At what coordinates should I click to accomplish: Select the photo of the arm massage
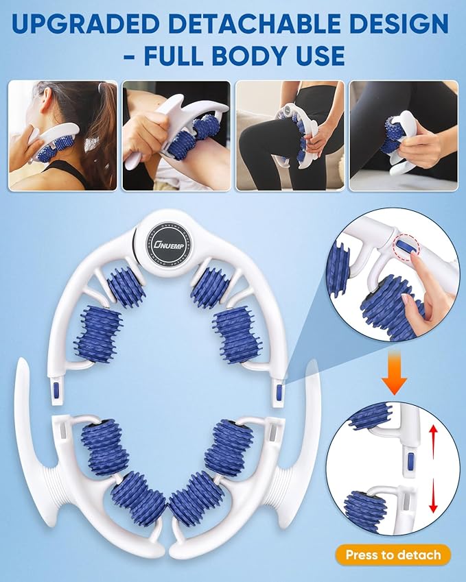pyautogui.click(x=175, y=136)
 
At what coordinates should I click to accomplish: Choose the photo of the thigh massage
pyautogui.click(x=289, y=136)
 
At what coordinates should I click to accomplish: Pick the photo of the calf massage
pyautogui.click(x=403, y=136)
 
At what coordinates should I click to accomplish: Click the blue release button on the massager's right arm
pyautogui.click(x=278, y=393)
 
